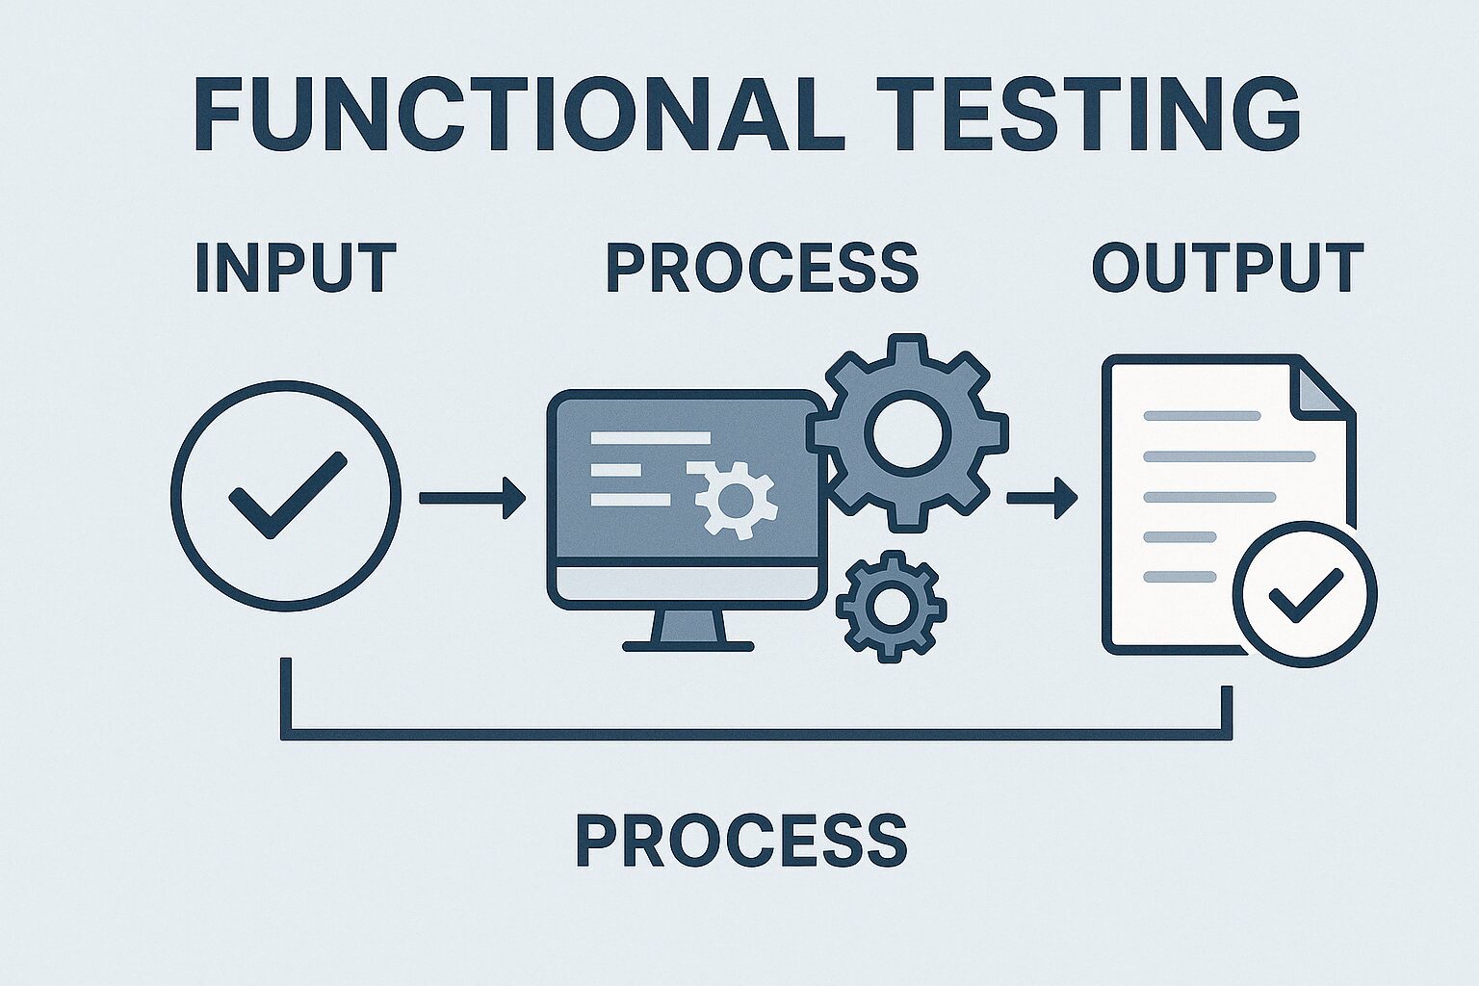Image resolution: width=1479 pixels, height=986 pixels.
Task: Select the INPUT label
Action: [296, 268]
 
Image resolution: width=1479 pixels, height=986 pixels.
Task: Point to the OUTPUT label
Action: [1228, 268]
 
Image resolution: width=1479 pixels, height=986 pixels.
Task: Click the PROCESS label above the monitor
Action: [763, 268]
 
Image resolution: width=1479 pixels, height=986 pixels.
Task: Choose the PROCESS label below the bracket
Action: [742, 840]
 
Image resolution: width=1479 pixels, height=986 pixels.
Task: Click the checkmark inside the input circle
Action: [287, 495]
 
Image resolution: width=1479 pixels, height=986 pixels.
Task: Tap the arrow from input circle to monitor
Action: [473, 498]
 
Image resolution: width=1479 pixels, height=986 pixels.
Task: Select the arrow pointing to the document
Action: [1042, 498]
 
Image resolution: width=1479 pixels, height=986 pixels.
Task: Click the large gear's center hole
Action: [907, 432]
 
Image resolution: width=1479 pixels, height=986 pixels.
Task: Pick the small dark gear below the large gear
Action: [892, 607]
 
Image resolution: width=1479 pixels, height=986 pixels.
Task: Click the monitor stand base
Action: [688, 646]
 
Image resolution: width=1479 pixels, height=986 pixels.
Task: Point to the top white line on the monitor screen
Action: [650, 438]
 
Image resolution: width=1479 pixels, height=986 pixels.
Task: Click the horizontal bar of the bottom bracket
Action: [757, 735]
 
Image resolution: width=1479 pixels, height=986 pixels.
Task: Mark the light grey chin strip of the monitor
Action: [688, 583]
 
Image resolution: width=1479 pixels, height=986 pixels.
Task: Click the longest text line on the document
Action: [1230, 456]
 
